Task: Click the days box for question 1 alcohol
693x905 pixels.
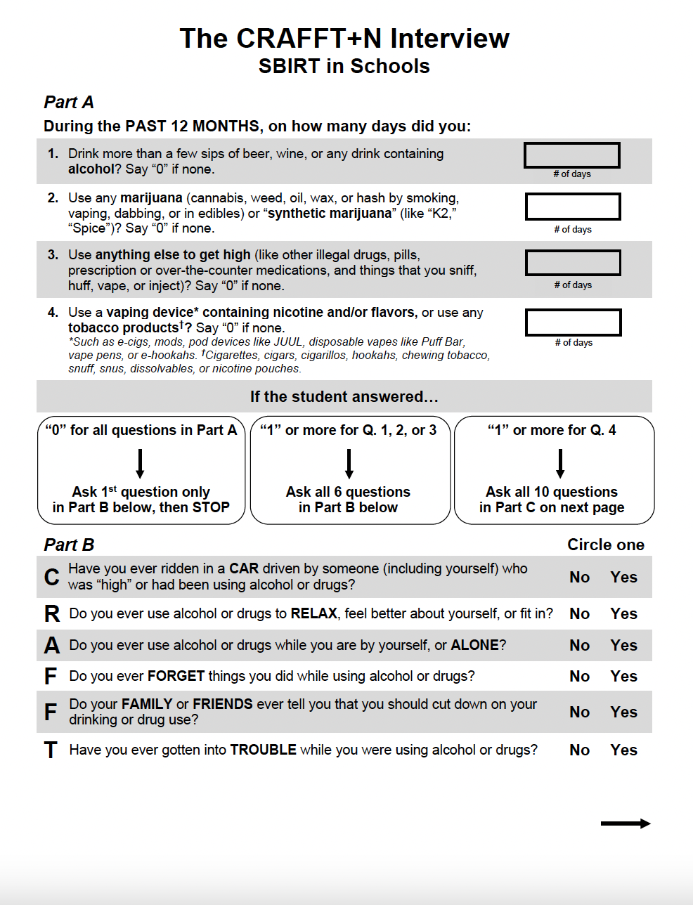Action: coord(571,155)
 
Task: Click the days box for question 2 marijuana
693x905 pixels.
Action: coord(573,207)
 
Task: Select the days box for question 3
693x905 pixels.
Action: coord(573,263)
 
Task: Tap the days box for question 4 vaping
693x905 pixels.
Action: coord(573,323)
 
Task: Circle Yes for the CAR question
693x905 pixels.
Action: coord(623,577)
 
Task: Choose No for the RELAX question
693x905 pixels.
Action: coord(579,613)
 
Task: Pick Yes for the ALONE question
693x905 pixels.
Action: coord(623,645)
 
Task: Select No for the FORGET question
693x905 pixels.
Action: coord(579,676)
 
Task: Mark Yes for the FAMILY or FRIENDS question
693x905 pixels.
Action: coord(623,712)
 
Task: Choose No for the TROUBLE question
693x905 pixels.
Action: coord(579,750)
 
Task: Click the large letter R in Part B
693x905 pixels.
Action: coord(52,614)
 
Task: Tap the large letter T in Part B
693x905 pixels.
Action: coord(51,750)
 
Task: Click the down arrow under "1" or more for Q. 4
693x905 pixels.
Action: coord(560,464)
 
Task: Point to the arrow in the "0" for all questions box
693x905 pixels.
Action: coord(141,464)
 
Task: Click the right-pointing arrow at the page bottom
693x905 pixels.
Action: coord(626,823)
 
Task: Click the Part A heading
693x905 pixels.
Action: coord(69,103)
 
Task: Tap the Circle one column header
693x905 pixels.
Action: coord(605,545)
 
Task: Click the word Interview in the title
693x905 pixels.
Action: coord(450,39)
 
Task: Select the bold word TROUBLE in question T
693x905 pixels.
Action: coord(263,750)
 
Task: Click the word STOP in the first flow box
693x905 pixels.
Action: coord(211,507)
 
